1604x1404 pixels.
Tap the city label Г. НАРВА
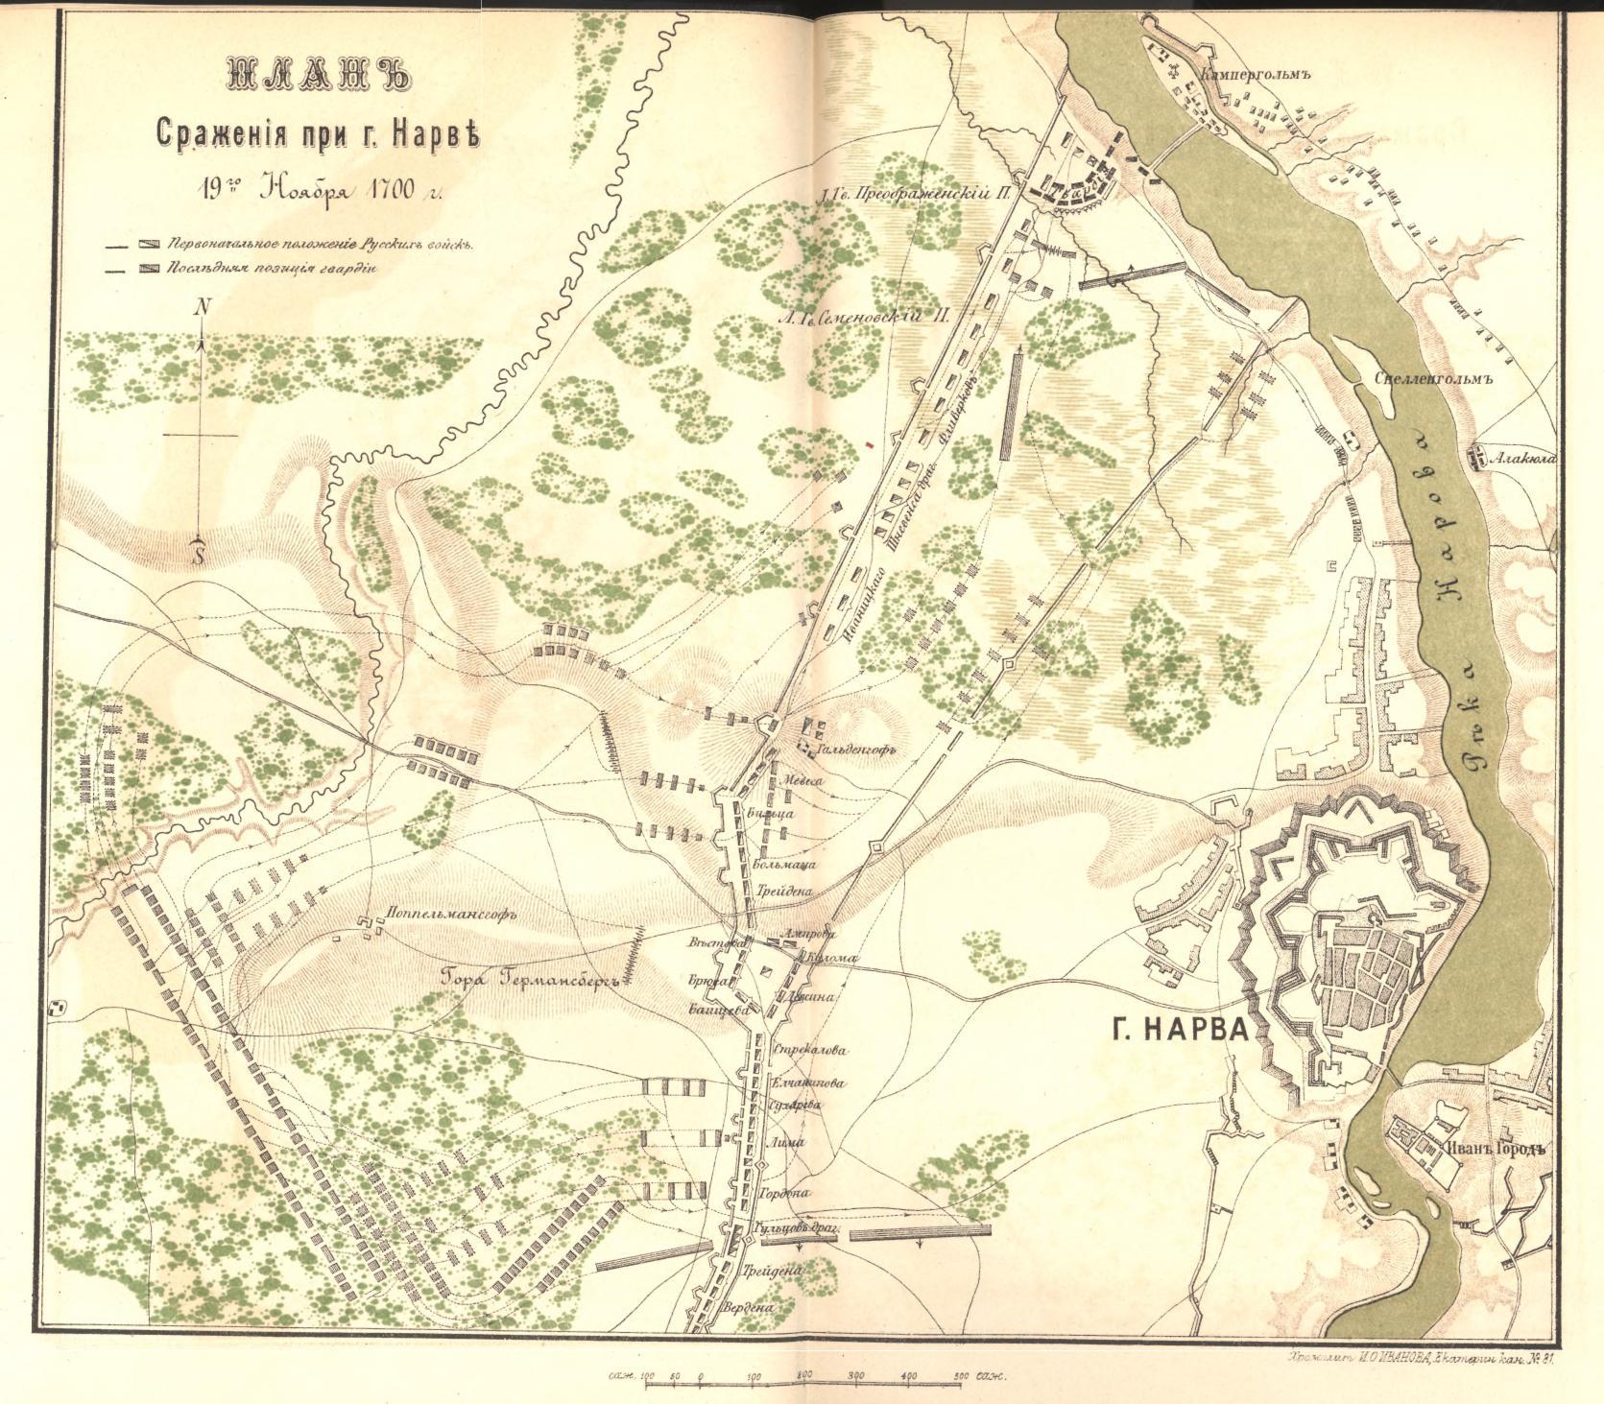click(x=1180, y=1032)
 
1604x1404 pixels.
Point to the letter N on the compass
click(x=202, y=308)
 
